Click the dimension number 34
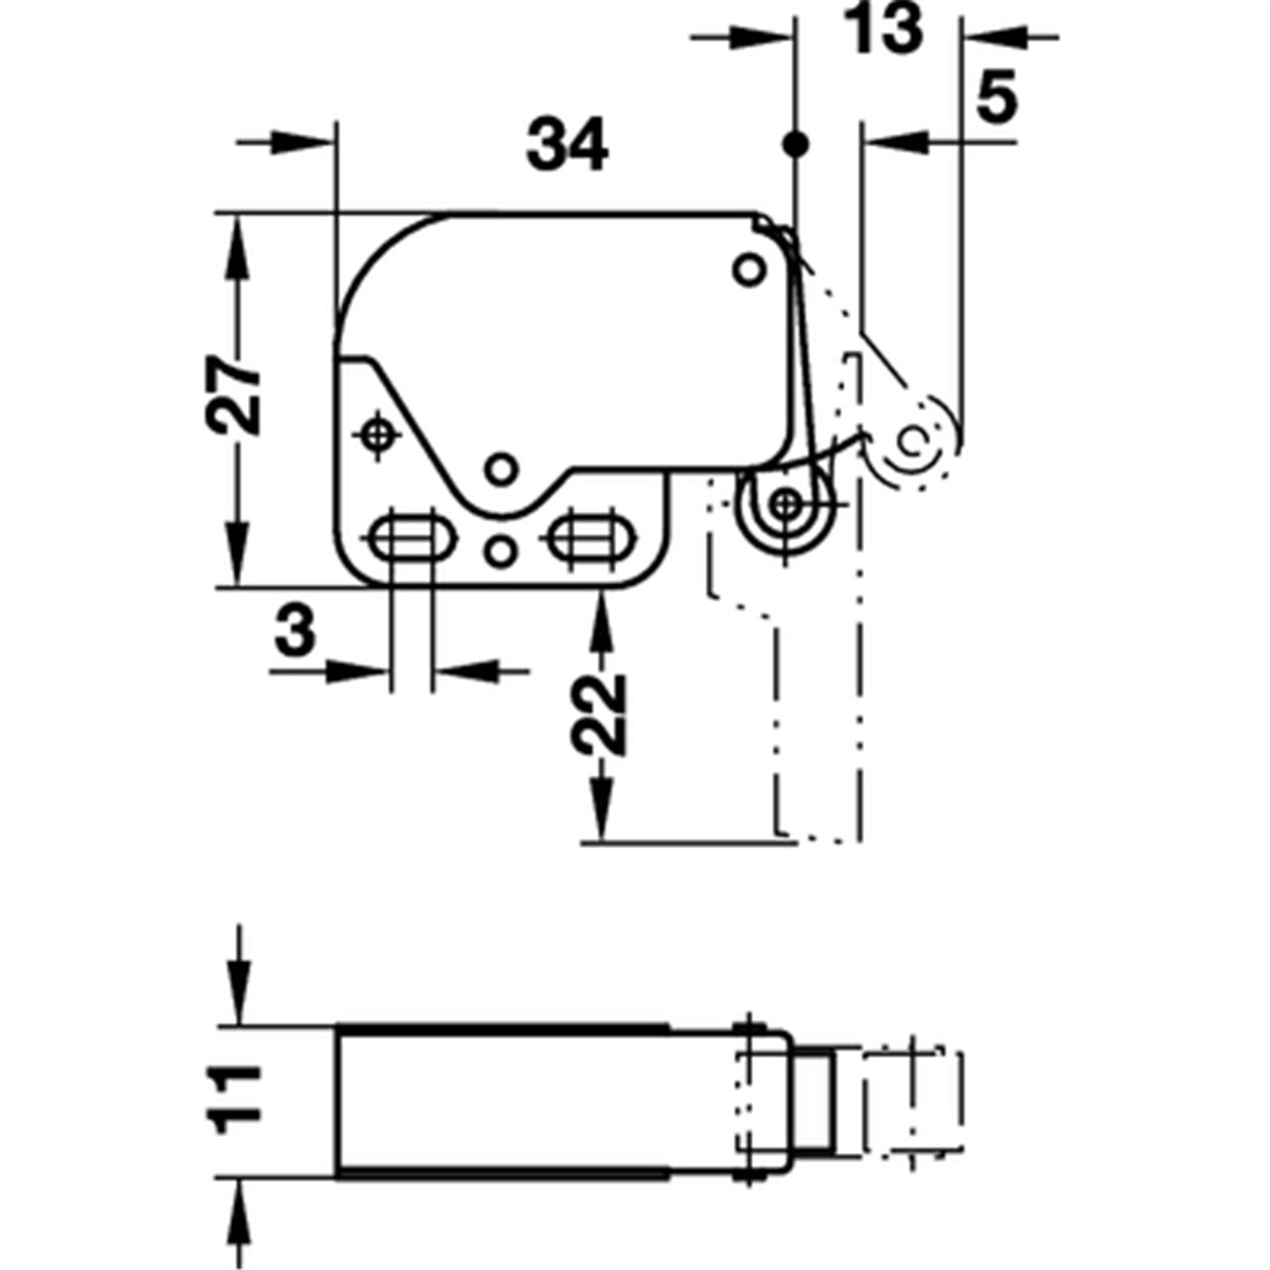tap(567, 144)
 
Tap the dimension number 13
tap(884, 28)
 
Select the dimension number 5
tap(996, 97)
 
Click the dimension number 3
tap(296, 631)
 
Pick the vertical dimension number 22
tap(598, 715)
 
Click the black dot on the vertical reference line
tap(796, 144)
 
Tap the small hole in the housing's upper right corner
tap(749, 269)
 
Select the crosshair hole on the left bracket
tap(376, 435)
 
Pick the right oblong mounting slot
tap(593, 538)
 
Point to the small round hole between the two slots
tap(501, 551)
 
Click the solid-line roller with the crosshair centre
tap(784, 506)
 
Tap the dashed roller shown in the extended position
tap(913, 441)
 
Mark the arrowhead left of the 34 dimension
tap(301, 142)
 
